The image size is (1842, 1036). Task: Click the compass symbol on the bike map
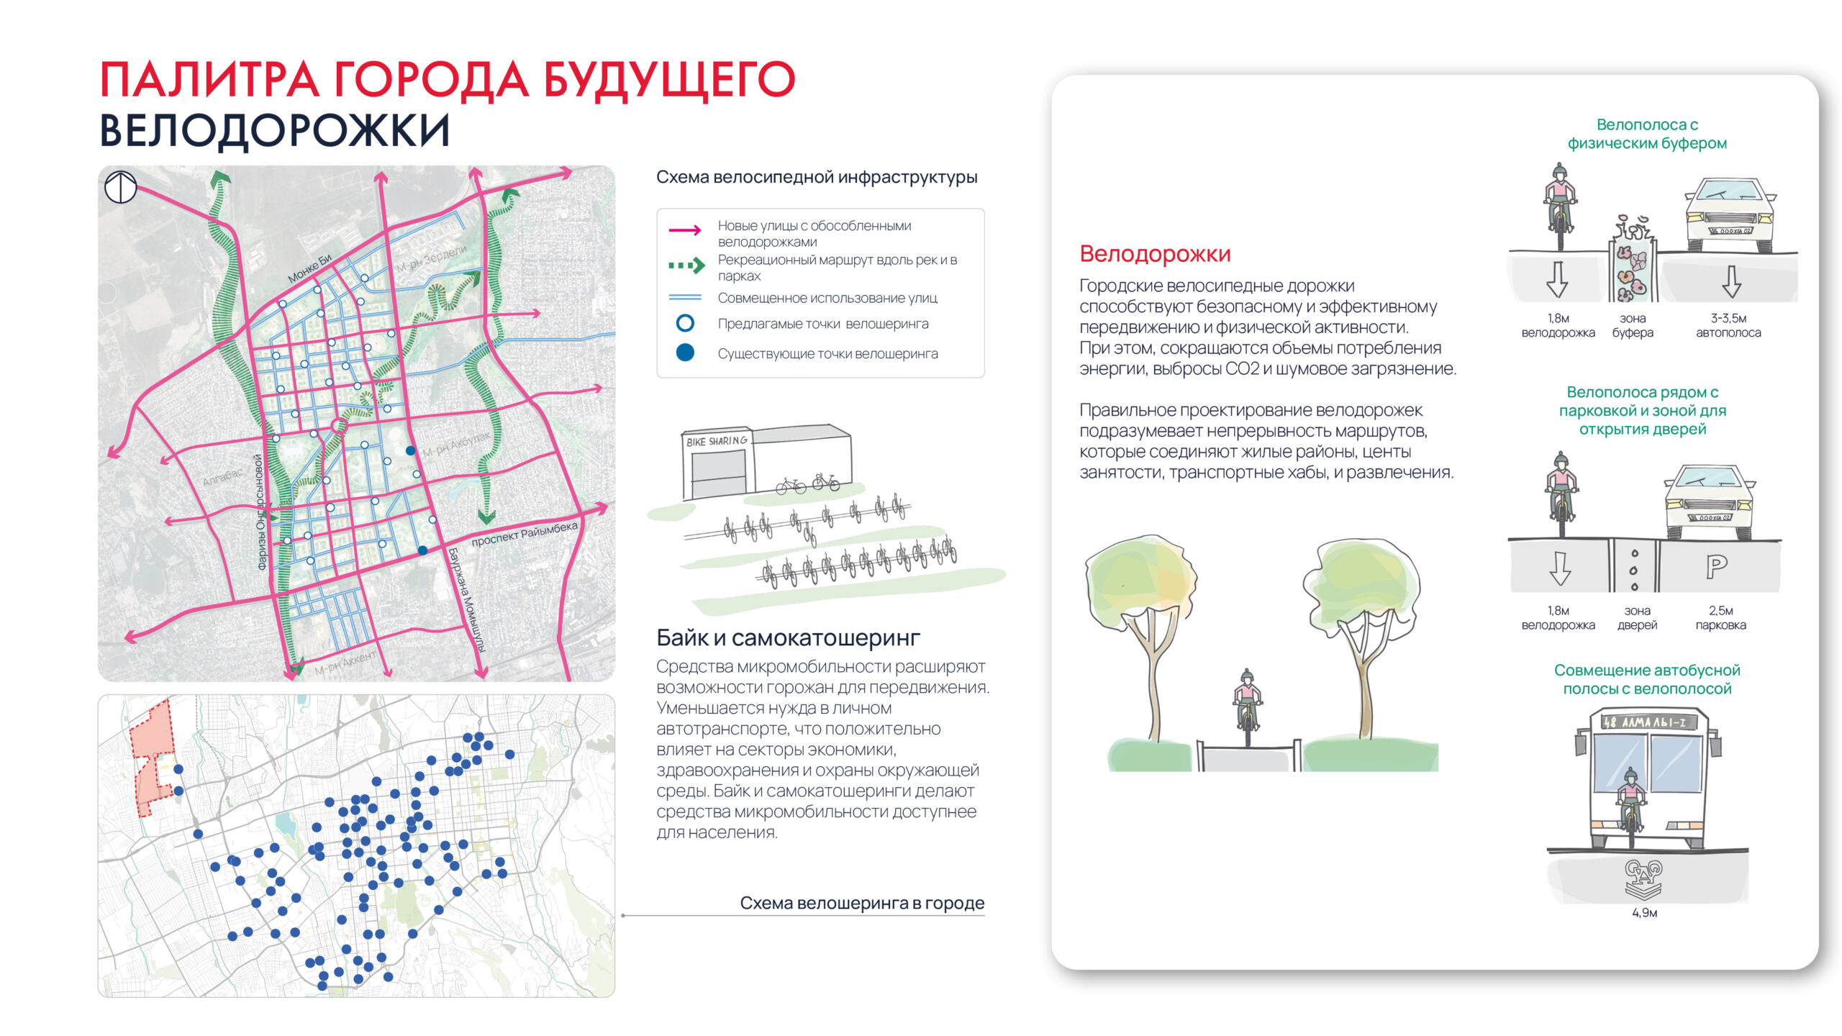120,187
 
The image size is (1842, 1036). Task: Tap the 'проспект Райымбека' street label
524,534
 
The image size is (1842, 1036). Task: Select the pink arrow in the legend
685,230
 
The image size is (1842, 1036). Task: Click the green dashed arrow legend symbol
686,266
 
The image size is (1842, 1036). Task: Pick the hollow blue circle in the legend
685,324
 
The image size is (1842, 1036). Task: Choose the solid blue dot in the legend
685,353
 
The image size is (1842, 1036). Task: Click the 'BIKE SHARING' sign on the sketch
717,441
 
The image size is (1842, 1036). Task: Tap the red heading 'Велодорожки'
1154,254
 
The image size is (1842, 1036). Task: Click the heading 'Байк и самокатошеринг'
788,637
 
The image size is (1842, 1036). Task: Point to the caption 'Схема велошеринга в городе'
861,903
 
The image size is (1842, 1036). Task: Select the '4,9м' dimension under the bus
1644,913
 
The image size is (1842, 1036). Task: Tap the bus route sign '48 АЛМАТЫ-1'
1645,722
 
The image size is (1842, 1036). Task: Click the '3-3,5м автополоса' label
1728,325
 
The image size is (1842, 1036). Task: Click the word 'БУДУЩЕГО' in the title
668,80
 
